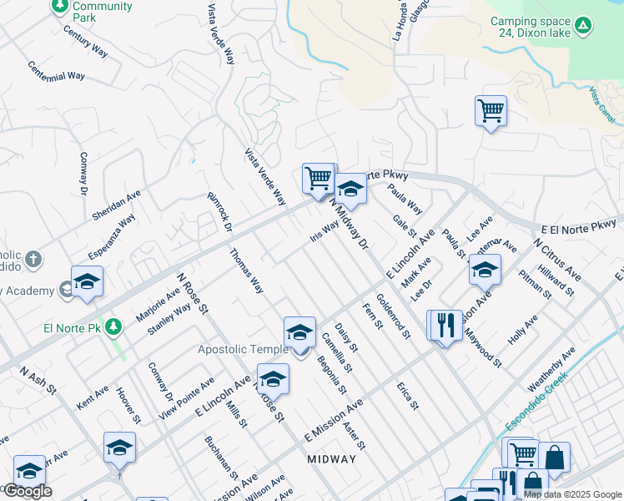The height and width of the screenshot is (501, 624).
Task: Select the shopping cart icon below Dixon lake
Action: click(x=491, y=110)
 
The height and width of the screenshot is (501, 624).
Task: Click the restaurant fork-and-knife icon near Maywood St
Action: click(x=445, y=325)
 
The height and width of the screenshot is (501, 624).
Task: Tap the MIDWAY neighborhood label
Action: click(x=331, y=459)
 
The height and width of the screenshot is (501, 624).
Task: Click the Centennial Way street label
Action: click(x=56, y=71)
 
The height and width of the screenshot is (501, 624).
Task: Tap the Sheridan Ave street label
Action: click(x=116, y=205)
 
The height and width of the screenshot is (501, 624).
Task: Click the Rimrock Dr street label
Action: click(x=219, y=212)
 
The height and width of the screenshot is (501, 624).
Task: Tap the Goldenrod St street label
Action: click(x=393, y=316)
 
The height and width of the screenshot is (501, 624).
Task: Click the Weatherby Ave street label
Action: click(x=551, y=370)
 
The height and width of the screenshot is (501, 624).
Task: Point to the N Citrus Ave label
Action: click(x=557, y=259)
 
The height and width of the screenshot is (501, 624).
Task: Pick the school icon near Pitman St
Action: click(x=485, y=270)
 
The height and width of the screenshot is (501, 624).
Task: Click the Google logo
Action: click(x=28, y=491)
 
